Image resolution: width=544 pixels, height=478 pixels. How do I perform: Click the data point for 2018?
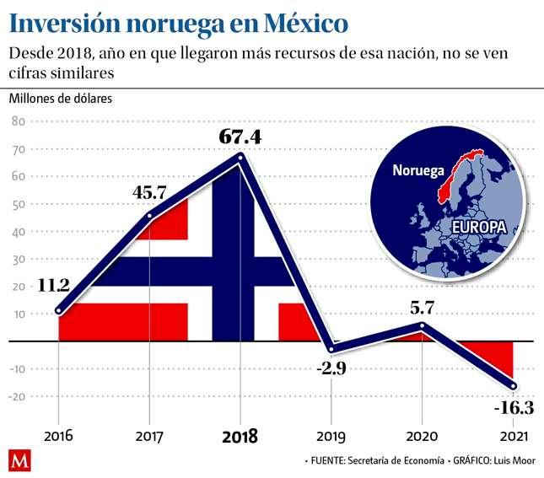[240, 157]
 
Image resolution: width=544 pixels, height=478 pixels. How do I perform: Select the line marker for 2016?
[58, 311]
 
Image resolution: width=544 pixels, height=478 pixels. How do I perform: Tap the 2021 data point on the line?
[514, 387]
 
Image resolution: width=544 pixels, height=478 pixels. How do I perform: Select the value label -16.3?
[513, 408]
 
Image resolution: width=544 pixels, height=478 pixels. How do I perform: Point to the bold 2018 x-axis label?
[240, 437]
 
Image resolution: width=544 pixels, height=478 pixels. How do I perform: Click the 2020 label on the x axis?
[422, 437]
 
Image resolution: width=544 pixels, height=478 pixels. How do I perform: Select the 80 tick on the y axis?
[17, 121]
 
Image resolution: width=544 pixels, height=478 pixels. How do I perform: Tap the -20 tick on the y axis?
[16, 396]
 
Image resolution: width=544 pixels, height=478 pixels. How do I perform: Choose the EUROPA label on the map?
[478, 228]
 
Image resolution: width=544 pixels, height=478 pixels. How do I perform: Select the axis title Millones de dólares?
[61, 97]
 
